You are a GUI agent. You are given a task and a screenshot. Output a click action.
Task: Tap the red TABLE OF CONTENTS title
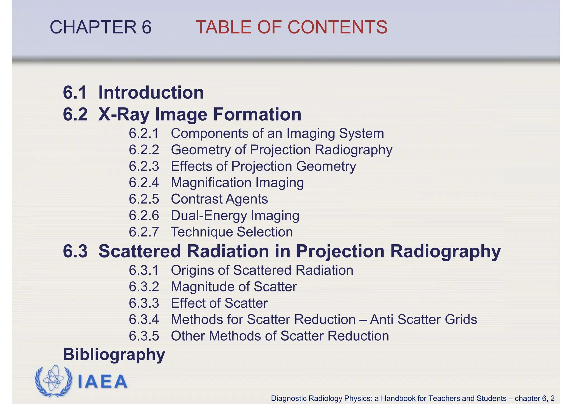point(291,27)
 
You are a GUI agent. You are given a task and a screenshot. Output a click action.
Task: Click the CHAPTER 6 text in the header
point(101,27)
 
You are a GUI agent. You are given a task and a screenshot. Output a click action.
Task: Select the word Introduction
point(151,92)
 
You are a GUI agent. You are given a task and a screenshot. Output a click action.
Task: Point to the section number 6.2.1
point(144,133)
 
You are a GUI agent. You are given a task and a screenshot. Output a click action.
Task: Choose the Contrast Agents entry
point(219,199)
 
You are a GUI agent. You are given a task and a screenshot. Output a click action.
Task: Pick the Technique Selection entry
point(232,232)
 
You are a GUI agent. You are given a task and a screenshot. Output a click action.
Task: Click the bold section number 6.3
point(75,251)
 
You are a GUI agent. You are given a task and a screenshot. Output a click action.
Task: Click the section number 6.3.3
point(144,303)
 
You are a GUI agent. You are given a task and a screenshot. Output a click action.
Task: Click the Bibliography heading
point(114,355)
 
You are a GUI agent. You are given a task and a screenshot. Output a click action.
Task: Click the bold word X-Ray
point(124,114)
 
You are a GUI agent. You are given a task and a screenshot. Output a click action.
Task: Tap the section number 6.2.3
point(144,166)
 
